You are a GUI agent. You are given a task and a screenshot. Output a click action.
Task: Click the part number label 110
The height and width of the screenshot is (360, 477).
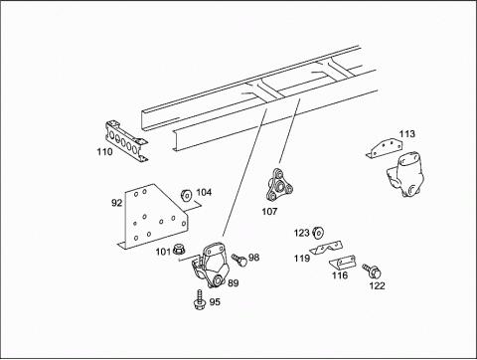click(104, 152)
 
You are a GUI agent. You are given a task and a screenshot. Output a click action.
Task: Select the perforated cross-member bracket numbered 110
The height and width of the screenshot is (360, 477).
click(126, 140)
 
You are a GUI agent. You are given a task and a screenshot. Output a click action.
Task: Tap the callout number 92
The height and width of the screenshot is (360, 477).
click(116, 203)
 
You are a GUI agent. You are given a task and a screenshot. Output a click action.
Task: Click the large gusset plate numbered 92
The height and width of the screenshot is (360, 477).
click(153, 216)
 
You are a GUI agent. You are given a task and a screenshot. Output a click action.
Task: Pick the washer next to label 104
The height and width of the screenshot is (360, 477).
click(186, 195)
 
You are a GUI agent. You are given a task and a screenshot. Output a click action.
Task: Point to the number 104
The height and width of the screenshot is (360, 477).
click(204, 192)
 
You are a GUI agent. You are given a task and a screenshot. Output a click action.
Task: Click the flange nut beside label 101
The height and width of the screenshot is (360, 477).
click(180, 251)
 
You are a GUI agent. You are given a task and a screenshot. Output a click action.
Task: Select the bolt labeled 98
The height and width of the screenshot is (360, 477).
click(239, 260)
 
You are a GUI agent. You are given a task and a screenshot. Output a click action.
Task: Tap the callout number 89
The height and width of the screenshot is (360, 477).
click(234, 283)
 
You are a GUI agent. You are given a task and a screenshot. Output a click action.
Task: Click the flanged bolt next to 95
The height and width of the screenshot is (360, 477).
click(200, 299)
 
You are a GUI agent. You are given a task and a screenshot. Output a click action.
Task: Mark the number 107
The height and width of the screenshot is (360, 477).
click(269, 211)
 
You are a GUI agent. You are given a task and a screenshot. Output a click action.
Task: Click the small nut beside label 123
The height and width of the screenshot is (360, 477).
click(318, 233)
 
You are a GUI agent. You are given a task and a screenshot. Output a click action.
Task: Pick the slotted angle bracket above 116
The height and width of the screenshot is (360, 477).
click(343, 263)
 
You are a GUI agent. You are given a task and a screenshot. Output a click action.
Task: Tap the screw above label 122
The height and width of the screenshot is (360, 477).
click(371, 270)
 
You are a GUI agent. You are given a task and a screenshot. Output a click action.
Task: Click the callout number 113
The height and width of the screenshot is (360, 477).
click(406, 134)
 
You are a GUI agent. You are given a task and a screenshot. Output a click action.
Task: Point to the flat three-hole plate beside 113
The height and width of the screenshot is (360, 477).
click(385, 148)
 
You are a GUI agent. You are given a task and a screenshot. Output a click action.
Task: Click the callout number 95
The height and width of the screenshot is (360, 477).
click(215, 302)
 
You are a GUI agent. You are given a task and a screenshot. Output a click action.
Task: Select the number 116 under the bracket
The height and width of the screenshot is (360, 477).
click(340, 275)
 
